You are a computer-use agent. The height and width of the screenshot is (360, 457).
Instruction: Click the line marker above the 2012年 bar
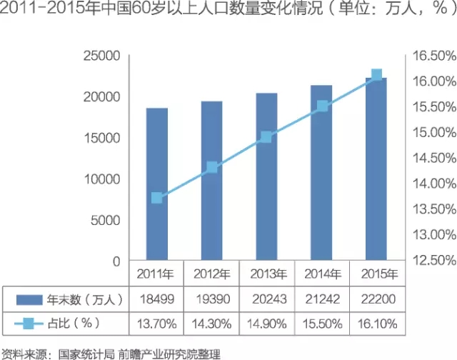tap(212, 167)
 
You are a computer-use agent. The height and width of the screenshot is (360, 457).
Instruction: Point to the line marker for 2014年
tap(322, 106)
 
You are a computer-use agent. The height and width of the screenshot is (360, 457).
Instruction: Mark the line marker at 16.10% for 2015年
tap(377, 75)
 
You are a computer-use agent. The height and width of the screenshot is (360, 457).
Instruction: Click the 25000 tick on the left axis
tap(102, 56)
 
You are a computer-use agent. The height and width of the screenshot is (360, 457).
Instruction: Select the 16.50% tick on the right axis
tap(431, 56)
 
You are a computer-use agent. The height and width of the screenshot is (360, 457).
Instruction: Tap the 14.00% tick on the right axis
tap(431, 183)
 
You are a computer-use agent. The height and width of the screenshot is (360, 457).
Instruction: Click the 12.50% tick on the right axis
tap(431, 259)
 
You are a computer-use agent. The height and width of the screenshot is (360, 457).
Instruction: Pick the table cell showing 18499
tap(157, 298)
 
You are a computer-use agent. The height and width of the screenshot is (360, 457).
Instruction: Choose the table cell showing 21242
tap(322, 298)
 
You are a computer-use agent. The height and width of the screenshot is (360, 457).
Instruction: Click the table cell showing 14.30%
tap(212, 323)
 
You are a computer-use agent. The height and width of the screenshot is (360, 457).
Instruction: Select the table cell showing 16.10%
tap(377, 323)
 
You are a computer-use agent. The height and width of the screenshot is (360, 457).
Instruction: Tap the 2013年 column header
tap(267, 274)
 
